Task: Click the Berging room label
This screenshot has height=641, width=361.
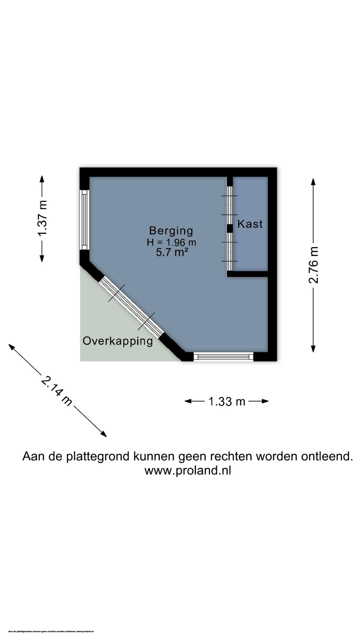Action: pyautogui.click(x=171, y=231)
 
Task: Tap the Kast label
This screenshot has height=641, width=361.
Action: pyautogui.click(x=250, y=224)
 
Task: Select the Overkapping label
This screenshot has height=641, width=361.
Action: pyautogui.click(x=118, y=341)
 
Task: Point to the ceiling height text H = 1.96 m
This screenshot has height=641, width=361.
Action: pyautogui.click(x=171, y=242)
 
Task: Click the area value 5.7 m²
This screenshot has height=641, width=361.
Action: pyautogui.click(x=171, y=252)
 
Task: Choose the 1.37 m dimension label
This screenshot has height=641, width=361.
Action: pyautogui.click(x=42, y=218)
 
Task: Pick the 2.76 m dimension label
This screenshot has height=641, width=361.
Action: pyautogui.click(x=313, y=265)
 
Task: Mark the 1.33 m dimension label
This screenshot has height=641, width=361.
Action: pyautogui.click(x=227, y=401)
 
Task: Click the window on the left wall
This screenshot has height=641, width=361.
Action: pyautogui.click(x=84, y=220)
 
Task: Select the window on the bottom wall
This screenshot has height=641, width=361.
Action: pyautogui.click(x=223, y=357)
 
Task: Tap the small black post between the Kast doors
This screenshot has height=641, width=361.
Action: pyautogui.click(x=230, y=228)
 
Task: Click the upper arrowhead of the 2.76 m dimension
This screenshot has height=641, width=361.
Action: pyautogui.click(x=313, y=182)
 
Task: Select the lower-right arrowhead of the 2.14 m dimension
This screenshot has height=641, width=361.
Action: pyautogui.click(x=104, y=434)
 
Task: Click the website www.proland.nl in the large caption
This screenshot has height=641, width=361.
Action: pyautogui.click(x=188, y=470)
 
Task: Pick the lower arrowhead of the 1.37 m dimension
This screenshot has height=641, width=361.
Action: pyautogui.click(x=42, y=258)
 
